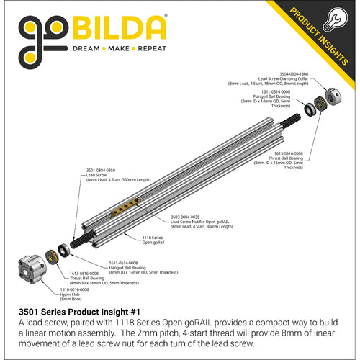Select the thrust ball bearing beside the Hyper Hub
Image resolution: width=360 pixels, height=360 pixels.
(x=53, y=256)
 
